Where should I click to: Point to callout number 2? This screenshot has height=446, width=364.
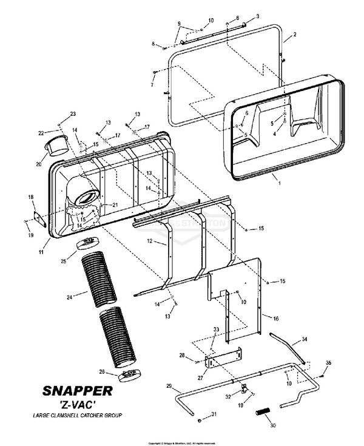(x=295, y=35)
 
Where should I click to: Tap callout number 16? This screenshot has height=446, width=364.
(x=275, y=318)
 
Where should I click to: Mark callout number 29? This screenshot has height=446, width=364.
(x=170, y=386)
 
